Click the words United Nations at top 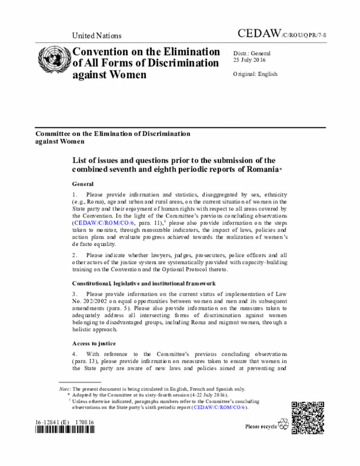pos(96,35)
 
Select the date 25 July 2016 pos(250,60)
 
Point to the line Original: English pos(255,74)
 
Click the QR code pos(307,416)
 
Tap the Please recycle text pos(261,427)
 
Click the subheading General pos(83,184)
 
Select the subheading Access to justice pos(94,343)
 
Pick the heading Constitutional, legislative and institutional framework pos(143,283)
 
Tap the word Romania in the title pos(260,169)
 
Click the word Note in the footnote pos(64,389)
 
